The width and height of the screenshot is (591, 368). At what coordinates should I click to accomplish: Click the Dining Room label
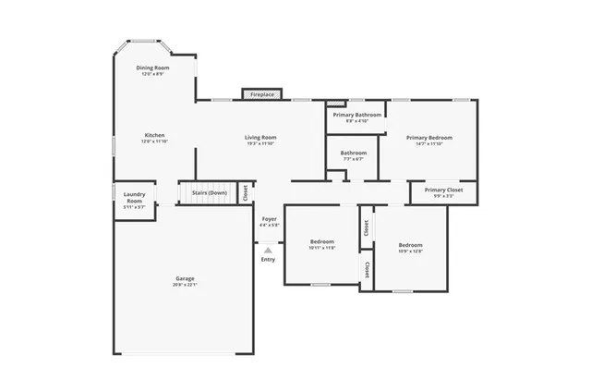(153, 67)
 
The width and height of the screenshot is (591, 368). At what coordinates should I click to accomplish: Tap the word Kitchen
(153, 135)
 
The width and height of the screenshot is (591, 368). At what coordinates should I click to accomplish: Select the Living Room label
(261, 137)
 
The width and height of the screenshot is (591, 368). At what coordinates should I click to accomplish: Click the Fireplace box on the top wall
(262, 94)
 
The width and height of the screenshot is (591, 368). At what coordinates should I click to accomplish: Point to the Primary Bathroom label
(356, 115)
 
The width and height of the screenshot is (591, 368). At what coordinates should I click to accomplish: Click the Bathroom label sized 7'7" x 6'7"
(354, 153)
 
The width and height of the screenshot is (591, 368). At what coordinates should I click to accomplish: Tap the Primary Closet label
(443, 190)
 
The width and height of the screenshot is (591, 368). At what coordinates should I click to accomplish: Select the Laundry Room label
(134, 197)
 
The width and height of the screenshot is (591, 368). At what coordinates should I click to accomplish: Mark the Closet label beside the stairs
(245, 192)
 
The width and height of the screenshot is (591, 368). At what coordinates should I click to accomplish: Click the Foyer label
(269, 219)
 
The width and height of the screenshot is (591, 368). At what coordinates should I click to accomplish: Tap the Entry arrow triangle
(268, 249)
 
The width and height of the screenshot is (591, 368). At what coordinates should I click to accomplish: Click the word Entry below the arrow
(268, 259)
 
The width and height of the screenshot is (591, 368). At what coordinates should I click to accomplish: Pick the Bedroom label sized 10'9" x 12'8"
(410, 245)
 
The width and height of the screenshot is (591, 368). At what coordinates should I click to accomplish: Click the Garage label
(185, 278)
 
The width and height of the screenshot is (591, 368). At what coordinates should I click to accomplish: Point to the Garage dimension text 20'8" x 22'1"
(185, 285)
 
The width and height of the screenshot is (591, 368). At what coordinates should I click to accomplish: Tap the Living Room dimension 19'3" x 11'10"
(261, 143)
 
